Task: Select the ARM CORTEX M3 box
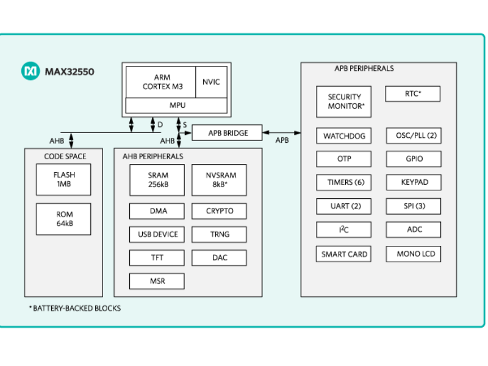(160, 82)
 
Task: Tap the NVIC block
(211, 82)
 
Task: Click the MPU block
(177, 105)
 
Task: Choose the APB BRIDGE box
(228, 132)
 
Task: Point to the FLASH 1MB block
(63, 180)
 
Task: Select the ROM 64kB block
(63, 219)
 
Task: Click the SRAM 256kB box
(157, 180)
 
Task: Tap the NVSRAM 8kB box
(220, 180)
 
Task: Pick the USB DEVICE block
(157, 234)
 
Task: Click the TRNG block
(220, 234)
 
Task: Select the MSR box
(157, 281)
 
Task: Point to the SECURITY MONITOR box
(344, 101)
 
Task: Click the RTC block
(413, 94)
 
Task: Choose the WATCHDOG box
(344, 136)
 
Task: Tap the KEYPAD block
(414, 182)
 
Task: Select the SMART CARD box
(344, 254)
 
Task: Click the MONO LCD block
(414, 254)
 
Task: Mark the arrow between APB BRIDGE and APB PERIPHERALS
(282, 132)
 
